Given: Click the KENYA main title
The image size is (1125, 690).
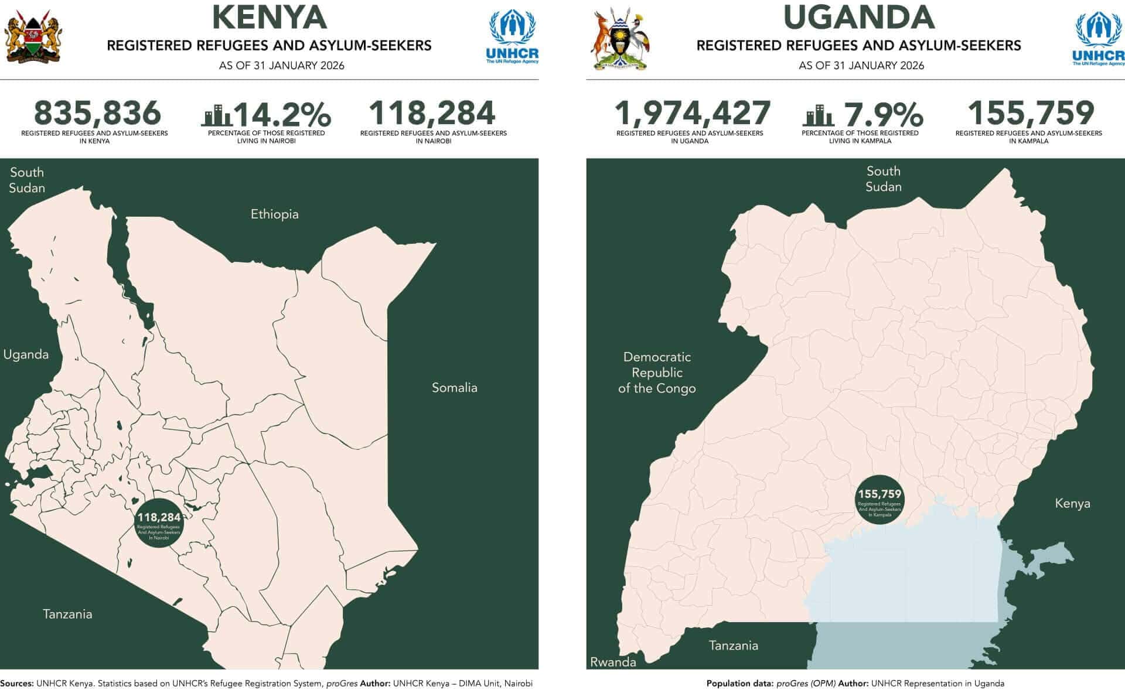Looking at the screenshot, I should tap(269, 17).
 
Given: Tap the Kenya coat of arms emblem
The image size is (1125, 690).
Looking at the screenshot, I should tap(33, 39).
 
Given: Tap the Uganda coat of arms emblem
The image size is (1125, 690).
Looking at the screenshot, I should tap(621, 39).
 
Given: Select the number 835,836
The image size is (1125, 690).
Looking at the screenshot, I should tap(97, 112).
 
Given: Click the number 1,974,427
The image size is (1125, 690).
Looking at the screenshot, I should tap(692, 112).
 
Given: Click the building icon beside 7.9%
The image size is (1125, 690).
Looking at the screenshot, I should tap(817, 115).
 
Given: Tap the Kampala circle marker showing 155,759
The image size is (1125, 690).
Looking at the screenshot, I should tap(879, 500).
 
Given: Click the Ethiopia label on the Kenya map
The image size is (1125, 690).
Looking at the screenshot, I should tap(274, 214).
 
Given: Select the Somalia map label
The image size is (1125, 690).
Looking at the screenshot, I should tap(454, 388).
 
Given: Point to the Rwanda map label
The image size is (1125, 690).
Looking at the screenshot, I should tap(613, 662).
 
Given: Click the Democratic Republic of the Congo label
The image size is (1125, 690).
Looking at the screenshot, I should tap(657, 373).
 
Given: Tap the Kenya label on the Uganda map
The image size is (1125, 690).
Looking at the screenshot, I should tap(1072, 504).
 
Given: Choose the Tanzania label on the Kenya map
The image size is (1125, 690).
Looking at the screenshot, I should tap(67, 614).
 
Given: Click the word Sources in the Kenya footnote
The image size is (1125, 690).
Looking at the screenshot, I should tap(16, 684).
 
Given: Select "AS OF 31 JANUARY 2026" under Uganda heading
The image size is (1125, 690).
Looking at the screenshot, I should tap(861, 66).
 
